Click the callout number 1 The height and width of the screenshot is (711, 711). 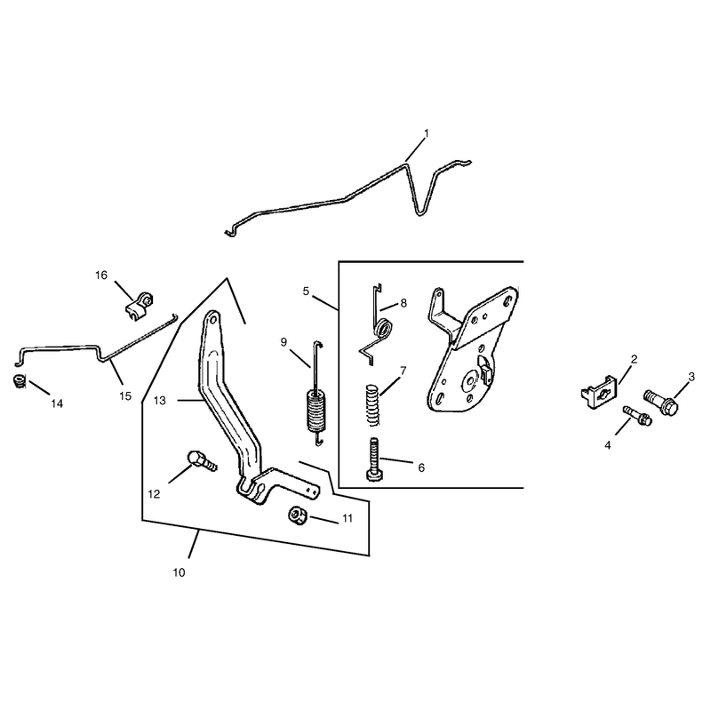point(426,133)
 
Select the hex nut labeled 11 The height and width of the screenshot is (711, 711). point(298,515)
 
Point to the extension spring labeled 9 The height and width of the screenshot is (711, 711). point(316,394)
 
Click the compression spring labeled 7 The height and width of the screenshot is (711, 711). point(372,404)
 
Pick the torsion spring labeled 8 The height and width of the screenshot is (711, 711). point(379,326)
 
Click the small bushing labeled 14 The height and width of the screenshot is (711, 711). point(19,381)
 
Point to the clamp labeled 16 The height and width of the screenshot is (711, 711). point(139,307)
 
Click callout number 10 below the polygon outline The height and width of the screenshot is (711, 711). point(180,572)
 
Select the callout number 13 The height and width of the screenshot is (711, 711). point(160,401)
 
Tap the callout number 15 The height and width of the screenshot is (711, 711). point(125,395)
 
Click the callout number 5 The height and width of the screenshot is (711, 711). point(306,292)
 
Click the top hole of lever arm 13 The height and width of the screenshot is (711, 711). point(212,320)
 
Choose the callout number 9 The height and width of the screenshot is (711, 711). point(284,342)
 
